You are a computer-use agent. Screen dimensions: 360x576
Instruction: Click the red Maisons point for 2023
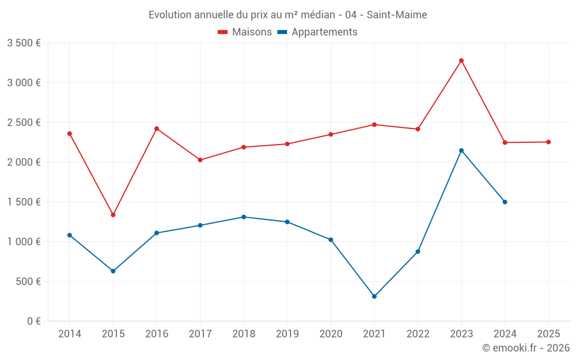[x=461, y=60]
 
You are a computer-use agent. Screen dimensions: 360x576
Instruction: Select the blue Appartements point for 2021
[x=374, y=297]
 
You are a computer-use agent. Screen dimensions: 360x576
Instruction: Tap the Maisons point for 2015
[x=113, y=215]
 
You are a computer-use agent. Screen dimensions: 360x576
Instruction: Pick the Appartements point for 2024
[x=505, y=202]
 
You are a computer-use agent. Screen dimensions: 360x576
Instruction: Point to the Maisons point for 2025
[x=548, y=142]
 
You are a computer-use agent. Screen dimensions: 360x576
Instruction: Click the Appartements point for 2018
[x=244, y=217]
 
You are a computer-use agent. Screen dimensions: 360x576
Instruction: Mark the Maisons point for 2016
[x=157, y=128]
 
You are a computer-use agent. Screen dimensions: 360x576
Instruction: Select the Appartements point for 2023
[x=461, y=150]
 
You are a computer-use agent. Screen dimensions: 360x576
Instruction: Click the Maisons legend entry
[x=245, y=32]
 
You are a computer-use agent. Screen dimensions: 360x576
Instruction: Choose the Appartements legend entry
[x=317, y=32]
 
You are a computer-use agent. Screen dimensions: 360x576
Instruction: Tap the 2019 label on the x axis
[x=287, y=334]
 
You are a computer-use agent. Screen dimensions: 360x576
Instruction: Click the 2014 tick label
[x=70, y=334]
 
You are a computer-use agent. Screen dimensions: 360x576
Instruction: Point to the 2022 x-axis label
[x=418, y=334]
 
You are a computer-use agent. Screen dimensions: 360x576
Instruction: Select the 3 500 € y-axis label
[x=24, y=43]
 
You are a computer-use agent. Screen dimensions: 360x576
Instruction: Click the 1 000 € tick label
[x=24, y=242]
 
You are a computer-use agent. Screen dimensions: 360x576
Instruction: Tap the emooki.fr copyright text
[x=526, y=348]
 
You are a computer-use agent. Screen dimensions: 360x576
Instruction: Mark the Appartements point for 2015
[x=113, y=271]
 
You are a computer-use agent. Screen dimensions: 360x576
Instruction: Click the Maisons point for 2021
[x=374, y=124]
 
